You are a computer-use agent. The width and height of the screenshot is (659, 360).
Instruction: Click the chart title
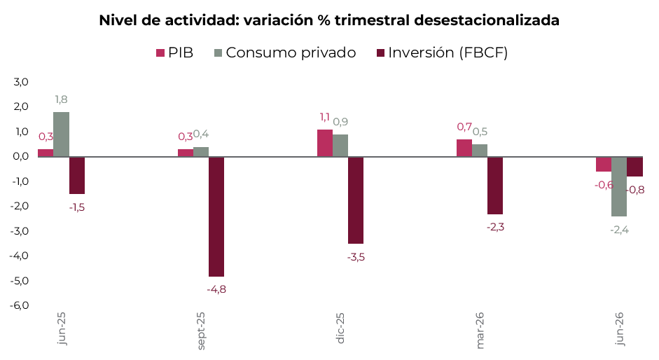tap(329, 20)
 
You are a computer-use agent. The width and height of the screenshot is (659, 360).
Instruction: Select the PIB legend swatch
tap(160, 53)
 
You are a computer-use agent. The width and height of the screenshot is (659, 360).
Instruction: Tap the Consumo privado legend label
tap(291, 53)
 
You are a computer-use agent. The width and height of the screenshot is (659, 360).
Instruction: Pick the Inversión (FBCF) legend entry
tap(442, 53)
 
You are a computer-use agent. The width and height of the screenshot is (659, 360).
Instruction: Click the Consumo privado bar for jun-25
tap(62, 134)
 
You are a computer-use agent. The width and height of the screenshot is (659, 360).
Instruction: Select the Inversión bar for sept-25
tap(216, 216)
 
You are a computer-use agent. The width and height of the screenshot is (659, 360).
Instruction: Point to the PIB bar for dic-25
tap(325, 143)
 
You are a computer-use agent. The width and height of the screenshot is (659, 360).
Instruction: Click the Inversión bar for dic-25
tap(356, 200)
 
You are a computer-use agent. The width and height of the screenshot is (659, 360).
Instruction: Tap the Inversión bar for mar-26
tap(495, 186)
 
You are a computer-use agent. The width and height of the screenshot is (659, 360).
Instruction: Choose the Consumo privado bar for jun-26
tap(619, 187)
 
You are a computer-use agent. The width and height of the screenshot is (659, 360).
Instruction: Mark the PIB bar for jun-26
tap(604, 164)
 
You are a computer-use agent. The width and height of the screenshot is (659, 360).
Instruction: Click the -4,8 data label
tap(216, 289)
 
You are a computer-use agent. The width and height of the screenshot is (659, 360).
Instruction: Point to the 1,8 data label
tap(62, 99)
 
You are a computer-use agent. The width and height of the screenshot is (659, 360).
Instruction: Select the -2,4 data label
tap(619, 230)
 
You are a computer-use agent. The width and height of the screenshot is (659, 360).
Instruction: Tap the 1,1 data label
tap(325, 117)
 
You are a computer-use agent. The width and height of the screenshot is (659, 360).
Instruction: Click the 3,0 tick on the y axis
tap(21, 82)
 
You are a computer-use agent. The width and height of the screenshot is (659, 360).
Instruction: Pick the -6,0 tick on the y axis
tap(20, 305)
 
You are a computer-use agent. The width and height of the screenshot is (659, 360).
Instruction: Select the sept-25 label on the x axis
tap(201, 331)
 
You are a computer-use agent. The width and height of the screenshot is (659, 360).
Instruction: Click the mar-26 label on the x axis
tap(480, 330)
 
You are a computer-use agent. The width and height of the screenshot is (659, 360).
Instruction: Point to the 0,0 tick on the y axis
tap(21, 156)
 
